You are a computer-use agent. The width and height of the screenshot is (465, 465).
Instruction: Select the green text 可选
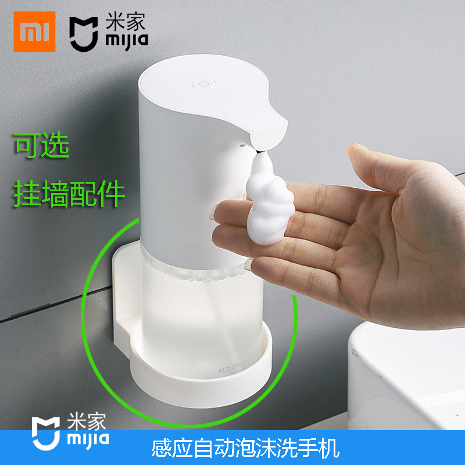[42, 146]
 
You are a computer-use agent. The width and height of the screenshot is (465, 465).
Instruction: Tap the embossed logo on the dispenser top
[200, 85]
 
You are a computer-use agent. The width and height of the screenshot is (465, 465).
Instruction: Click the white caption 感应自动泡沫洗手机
[244, 448]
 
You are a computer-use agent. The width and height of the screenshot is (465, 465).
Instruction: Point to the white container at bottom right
[407, 384]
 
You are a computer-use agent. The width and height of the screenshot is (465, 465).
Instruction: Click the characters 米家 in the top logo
[123, 22]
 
